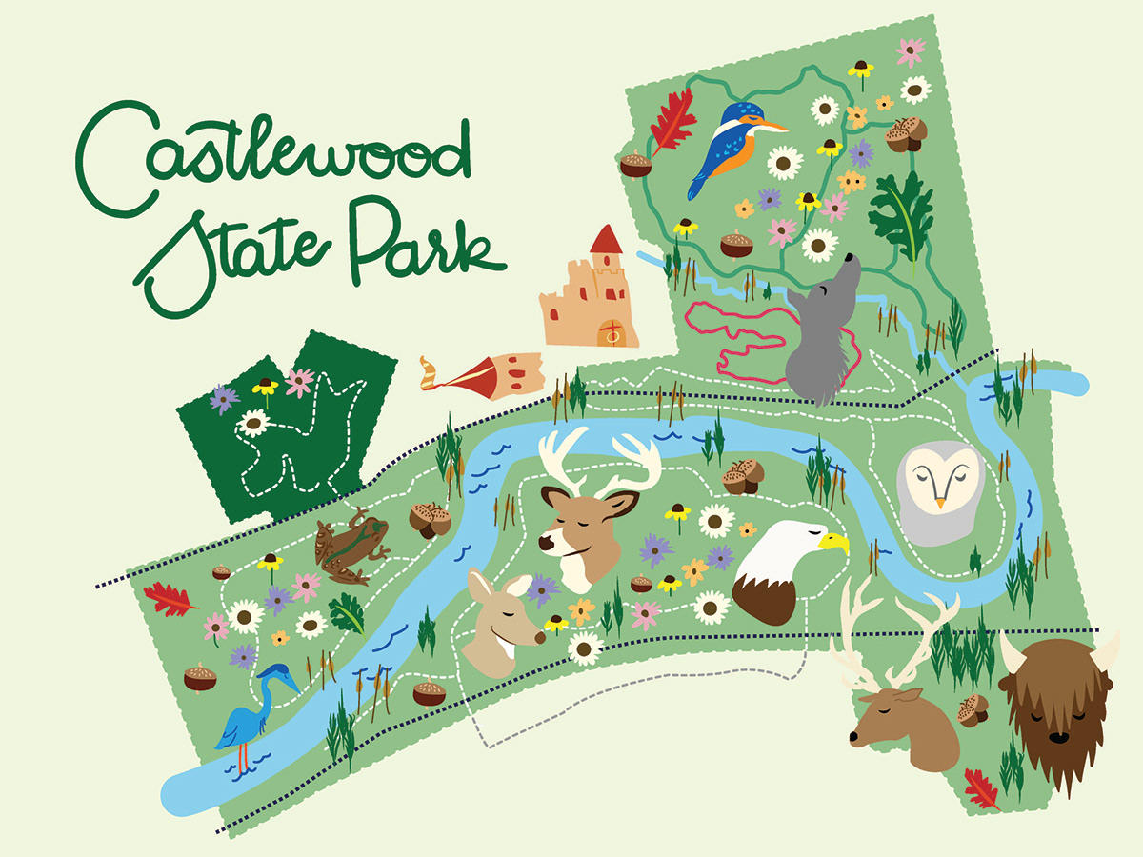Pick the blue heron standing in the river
[250, 714]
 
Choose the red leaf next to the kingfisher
[672, 119]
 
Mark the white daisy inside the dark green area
[253, 423]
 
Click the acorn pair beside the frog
[430, 519]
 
